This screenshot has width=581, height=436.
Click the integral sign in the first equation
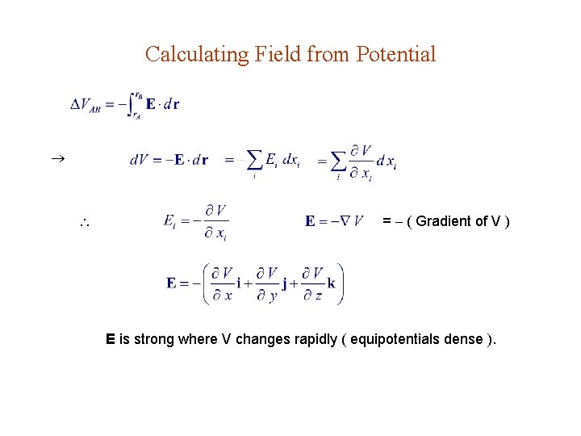click(x=134, y=105)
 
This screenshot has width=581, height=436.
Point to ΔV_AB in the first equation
click(x=86, y=105)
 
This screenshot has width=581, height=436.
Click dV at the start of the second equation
click(x=137, y=160)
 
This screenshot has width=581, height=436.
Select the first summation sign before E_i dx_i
click(x=254, y=160)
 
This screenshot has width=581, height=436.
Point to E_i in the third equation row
click(x=170, y=220)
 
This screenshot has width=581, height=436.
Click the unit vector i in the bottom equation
click(x=239, y=283)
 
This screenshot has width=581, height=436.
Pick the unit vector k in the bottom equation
click(x=331, y=283)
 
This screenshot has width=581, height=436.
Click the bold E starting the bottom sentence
click(x=111, y=339)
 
